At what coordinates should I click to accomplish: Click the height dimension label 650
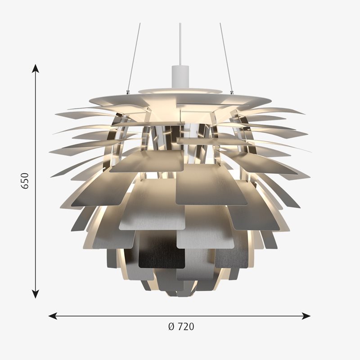coord(25,181)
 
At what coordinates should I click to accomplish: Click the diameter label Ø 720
coord(181,327)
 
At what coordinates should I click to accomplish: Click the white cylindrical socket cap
coord(180,76)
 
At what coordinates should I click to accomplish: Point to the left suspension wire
coord(134,57)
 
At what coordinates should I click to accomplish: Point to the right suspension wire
coord(226,57)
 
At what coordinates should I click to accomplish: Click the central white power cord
coord(180,44)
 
